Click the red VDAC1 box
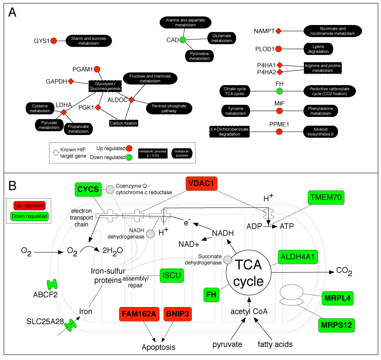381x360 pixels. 204,183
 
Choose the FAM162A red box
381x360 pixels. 138,314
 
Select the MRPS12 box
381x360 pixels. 337,325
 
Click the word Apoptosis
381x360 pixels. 158,347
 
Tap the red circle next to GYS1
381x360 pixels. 54,41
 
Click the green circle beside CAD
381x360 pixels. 182,40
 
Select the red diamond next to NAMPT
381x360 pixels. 279,31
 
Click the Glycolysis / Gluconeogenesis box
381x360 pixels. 105,86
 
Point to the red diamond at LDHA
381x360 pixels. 63,112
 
